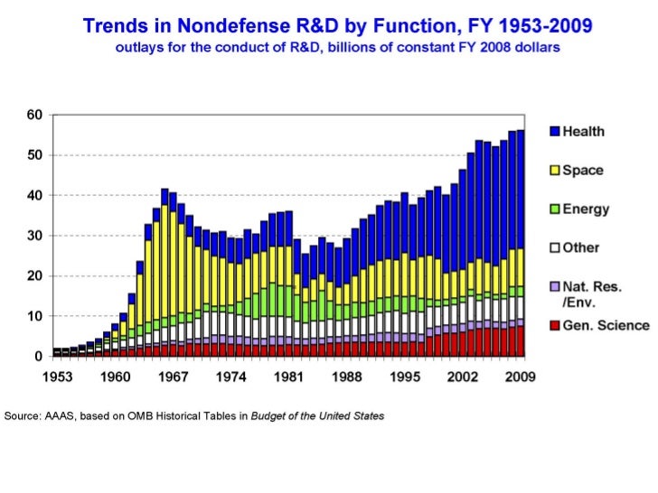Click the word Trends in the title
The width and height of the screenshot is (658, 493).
point(113,26)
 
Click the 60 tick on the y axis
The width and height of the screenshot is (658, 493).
point(33,115)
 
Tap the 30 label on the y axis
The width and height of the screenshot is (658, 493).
point(33,236)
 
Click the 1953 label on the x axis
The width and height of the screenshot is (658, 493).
point(68,377)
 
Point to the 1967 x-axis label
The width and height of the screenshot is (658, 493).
point(173,377)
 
